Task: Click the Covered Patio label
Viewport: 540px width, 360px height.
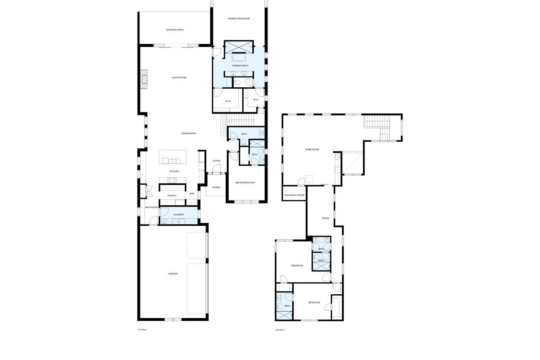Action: (x=175, y=30)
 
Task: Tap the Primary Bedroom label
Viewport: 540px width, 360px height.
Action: (x=239, y=19)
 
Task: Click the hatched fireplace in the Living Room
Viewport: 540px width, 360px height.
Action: (x=144, y=80)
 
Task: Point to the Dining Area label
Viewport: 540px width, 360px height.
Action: (x=189, y=133)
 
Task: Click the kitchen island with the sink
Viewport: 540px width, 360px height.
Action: (x=173, y=157)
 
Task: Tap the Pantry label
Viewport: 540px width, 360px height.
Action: (x=172, y=196)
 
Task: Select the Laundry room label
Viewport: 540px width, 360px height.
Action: (x=178, y=214)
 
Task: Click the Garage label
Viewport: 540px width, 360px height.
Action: (x=173, y=273)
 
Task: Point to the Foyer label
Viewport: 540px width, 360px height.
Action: (x=216, y=161)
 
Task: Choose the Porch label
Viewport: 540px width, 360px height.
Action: (x=216, y=187)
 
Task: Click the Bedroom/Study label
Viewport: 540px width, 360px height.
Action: (x=245, y=182)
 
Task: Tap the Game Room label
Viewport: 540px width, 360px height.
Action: (x=312, y=149)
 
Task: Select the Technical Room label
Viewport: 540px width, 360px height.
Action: (x=294, y=195)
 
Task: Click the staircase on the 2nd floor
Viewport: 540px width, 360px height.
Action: (x=377, y=128)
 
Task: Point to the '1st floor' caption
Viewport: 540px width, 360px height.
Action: (x=142, y=330)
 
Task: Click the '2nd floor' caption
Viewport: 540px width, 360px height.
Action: (x=280, y=330)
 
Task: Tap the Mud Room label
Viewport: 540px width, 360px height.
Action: (x=151, y=207)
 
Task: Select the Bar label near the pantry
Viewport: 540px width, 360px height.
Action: (x=192, y=194)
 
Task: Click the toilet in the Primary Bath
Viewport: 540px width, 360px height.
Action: (x=237, y=83)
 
